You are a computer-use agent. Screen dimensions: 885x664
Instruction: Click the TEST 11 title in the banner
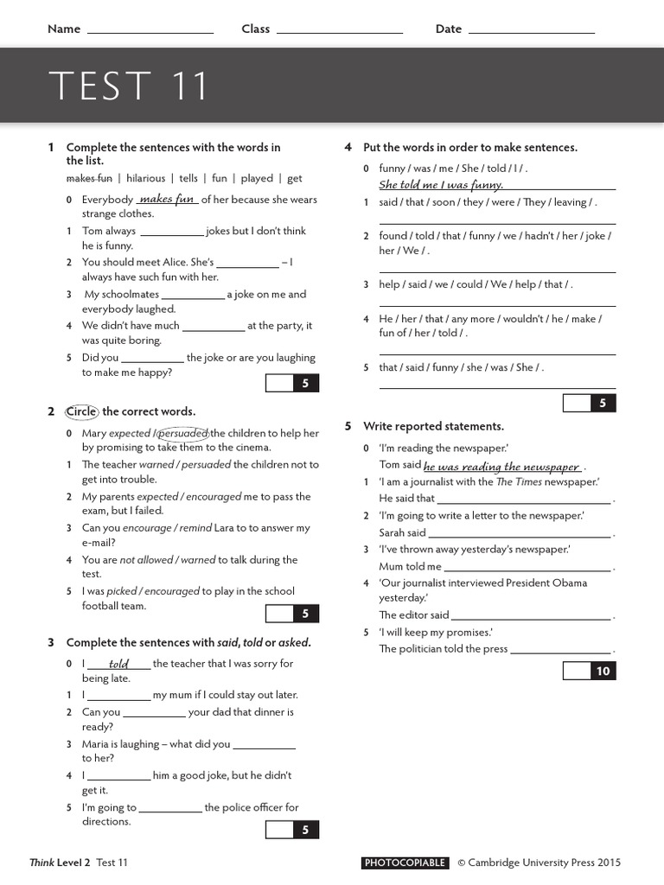pyautogui.click(x=129, y=86)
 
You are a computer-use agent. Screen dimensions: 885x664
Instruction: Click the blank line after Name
pyautogui.click(x=150, y=31)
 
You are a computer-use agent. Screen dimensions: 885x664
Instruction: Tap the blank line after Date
pyautogui.click(x=531, y=31)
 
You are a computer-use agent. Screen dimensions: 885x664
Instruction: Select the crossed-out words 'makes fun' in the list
pyautogui.click(x=89, y=179)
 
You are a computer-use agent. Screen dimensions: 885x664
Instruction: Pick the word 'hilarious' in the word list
pyautogui.click(x=145, y=179)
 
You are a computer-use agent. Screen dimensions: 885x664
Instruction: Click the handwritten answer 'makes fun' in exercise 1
pyautogui.click(x=167, y=200)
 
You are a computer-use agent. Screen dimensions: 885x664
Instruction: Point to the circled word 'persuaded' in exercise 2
pyautogui.click(x=183, y=433)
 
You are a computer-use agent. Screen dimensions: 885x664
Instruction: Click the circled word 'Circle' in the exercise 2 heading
pyautogui.click(x=82, y=411)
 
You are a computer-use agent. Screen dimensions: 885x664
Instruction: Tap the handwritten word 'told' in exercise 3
pyautogui.click(x=119, y=664)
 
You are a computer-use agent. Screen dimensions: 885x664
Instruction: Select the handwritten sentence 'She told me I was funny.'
pyautogui.click(x=441, y=185)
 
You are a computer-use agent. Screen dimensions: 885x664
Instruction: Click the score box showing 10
pyautogui.click(x=603, y=671)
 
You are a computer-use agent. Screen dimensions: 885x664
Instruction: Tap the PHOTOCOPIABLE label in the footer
pyautogui.click(x=405, y=863)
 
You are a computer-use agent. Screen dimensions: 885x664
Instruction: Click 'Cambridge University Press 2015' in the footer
pyautogui.click(x=545, y=863)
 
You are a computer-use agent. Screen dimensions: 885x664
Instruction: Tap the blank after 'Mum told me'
pyautogui.click(x=527, y=568)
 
